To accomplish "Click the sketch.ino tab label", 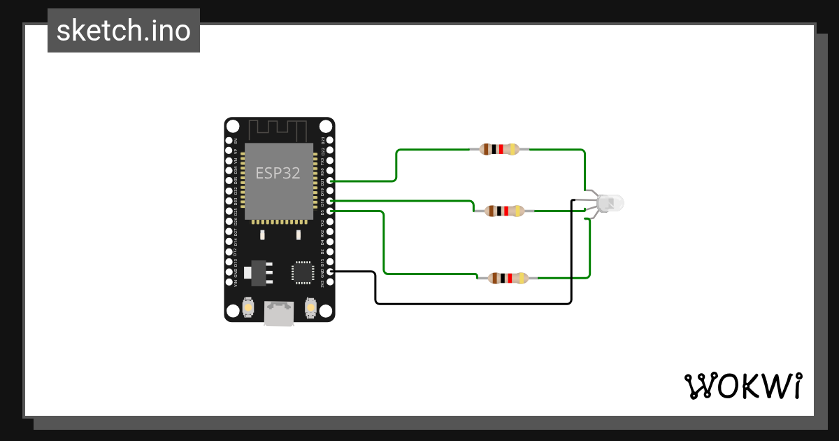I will pyautogui.click(x=124, y=31).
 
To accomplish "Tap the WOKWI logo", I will pyautogui.click(x=743, y=386).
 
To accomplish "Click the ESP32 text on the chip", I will pyautogui.click(x=278, y=173).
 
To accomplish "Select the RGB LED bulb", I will pyautogui.click(x=610, y=203).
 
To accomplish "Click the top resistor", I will pyautogui.click(x=499, y=149).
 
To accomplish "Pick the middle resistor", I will pyautogui.click(x=504, y=211).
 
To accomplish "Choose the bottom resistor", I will pyautogui.click(x=508, y=278).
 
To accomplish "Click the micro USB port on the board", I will pyautogui.click(x=279, y=312).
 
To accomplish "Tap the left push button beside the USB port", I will pyautogui.click(x=248, y=307).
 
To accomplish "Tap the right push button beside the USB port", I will pyautogui.click(x=310, y=307).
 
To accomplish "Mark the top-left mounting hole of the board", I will pyautogui.click(x=233, y=127).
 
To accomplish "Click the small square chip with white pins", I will pyautogui.click(x=303, y=272).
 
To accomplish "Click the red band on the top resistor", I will pyautogui.click(x=505, y=149).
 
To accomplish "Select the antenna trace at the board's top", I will pyautogui.click(x=278, y=129).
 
